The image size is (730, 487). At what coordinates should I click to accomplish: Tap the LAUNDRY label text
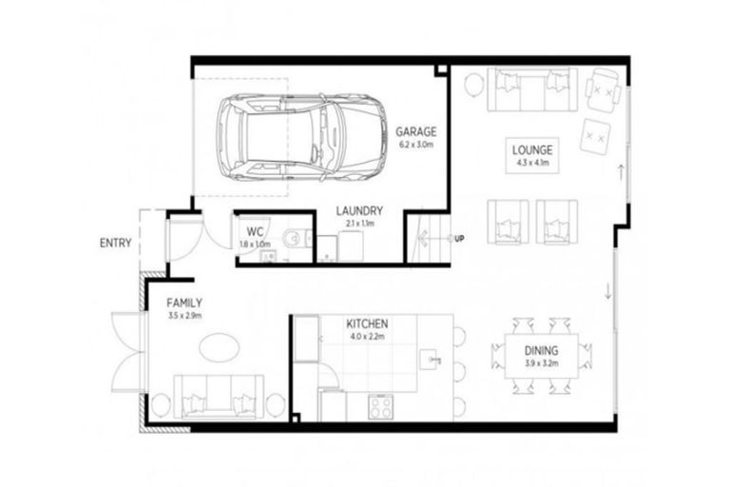click(x=358, y=210)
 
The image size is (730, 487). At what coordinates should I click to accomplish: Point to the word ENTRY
click(x=115, y=243)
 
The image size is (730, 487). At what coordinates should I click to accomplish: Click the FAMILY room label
click(x=185, y=302)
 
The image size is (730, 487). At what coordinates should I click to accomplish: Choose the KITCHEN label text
click(x=368, y=323)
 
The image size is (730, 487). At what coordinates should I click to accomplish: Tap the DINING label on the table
click(x=542, y=350)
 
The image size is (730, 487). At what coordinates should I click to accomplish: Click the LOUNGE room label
click(x=533, y=150)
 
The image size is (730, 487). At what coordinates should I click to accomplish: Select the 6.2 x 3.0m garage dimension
click(x=416, y=146)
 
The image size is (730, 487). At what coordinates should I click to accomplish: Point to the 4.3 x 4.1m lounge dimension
click(x=533, y=164)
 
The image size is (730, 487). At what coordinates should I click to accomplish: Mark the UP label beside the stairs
click(x=459, y=238)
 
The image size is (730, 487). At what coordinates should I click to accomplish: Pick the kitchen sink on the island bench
click(x=435, y=360)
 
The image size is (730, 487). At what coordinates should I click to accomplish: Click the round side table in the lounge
click(x=473, y=87)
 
